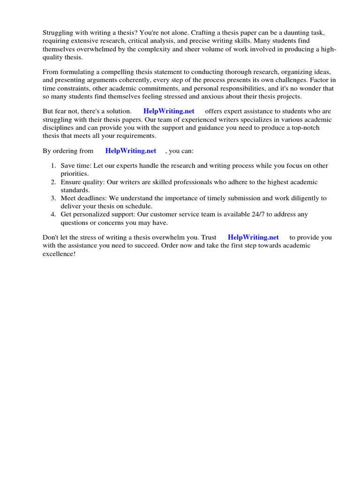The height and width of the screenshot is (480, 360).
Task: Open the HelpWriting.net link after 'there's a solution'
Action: [169, 111]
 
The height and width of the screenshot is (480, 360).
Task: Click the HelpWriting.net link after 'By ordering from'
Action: [131, 151]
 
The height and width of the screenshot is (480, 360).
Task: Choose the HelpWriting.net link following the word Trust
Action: [253, 237]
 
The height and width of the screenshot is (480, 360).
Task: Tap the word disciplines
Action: [59, 127]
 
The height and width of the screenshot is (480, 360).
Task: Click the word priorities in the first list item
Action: [75, 173]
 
